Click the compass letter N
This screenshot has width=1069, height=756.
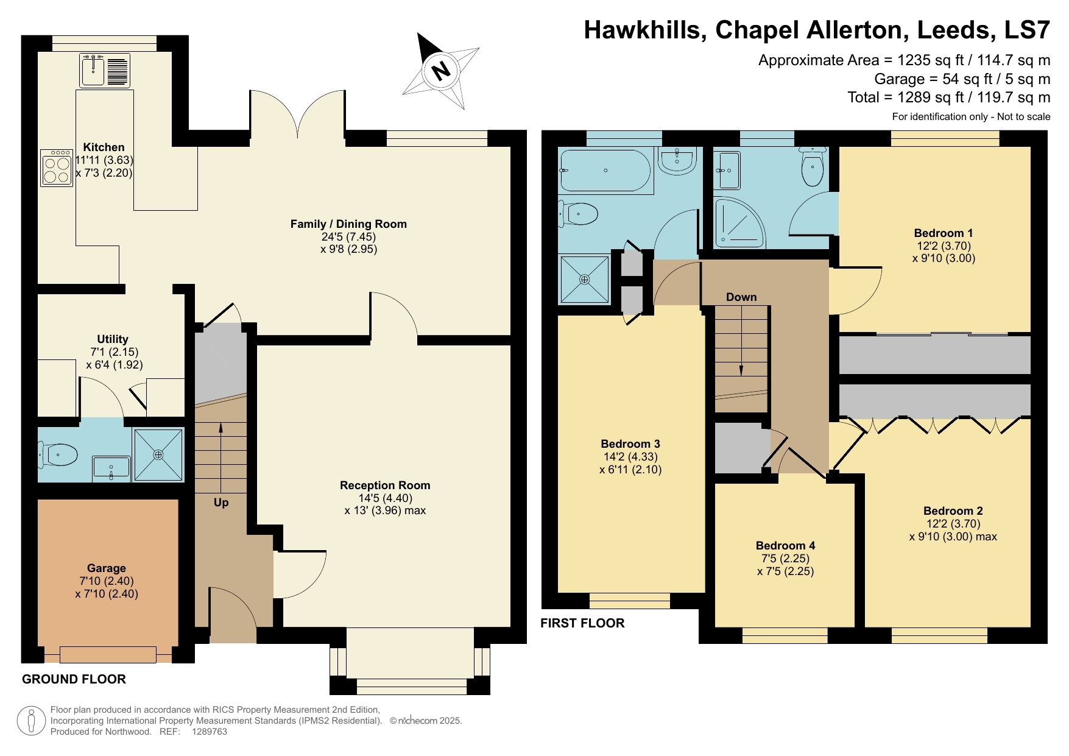click(439, 70)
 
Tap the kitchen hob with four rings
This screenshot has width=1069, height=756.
click(57, 168)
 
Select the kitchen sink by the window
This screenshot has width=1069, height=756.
click(93, 71)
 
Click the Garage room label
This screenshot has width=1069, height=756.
click(106, 568)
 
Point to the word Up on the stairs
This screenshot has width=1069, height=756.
click(221, 503)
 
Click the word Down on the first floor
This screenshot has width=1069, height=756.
click(741, 297)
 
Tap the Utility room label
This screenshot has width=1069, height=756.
click(113, 339)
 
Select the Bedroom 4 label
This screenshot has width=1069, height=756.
click(785, 546)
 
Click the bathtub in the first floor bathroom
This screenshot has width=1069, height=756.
click(605, 171)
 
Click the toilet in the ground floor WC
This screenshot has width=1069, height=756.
click(60, 454)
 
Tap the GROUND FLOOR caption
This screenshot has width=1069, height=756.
click(74, 679)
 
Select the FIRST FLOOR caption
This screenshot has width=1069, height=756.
click(582, 623)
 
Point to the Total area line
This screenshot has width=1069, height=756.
click(948, 97)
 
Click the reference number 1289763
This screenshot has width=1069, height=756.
click(210, 732)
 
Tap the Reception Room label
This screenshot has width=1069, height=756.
click(385, 486)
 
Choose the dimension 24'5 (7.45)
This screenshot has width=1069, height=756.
click(348, 236)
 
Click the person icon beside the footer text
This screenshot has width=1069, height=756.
click(31, 721)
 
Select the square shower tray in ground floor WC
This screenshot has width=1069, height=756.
click(158, 454)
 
